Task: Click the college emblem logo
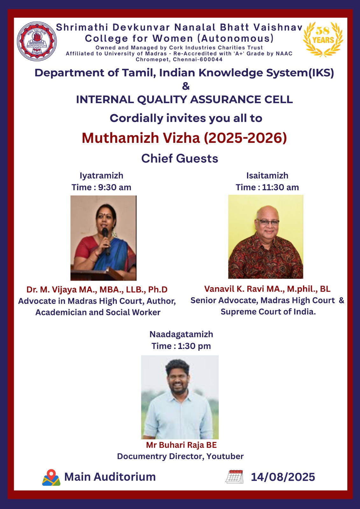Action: pyautogui.click(x=37, y=41)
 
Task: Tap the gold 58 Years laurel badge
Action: pyautogui.click(x=323, y=39)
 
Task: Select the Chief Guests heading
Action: pyautogui.click(x=180, y=158)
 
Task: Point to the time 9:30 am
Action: pyautogui.click(x=115, y=187)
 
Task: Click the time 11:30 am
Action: pyautogui.click(x=280, y=187)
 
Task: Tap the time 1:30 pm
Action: pyautogui.click(x=194, y=346)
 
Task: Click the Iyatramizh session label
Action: pyautogui.click(x=102, y=176)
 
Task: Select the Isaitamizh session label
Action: pyautogui.click(x=267, y=176)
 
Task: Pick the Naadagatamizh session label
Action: pyautogui.click(x=181, y=334)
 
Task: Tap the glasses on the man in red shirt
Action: pyautogui.click(x=268, y=222)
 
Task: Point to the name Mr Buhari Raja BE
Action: pyautogui.click(x=181, y=445)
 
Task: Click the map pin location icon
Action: pyautogui.click(x=51, y=478)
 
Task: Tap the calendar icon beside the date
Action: pyautogui.click(x=234, y=477)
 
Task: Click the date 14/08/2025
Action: pyautogui.click(x=283, y=477)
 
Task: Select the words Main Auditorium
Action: pyautogui.click(x=110, y=477)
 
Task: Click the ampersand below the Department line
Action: pyautogui.click(x=186, y=86)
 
